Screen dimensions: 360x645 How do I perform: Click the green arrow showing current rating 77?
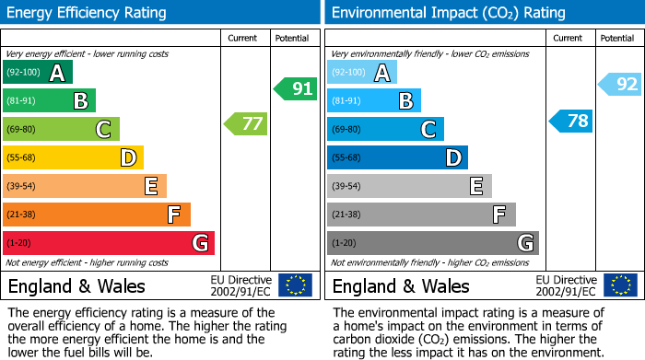coord(245,123)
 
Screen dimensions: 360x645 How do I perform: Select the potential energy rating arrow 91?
coord(294,89)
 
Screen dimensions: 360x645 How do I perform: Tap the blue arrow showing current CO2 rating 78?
coord(570,121)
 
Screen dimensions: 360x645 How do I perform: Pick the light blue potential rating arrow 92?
coord(619,85)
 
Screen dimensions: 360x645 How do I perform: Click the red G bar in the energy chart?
coord(109,243)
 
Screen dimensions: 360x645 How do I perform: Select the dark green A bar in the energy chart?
coord(38,72)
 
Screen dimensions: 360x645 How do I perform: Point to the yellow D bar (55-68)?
coord(73,157)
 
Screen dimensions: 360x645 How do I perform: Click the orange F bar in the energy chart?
coord(97,215)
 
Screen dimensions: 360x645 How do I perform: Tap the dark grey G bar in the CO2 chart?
coord(432,243)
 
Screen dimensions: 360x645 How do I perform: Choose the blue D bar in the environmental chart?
coord(397,157)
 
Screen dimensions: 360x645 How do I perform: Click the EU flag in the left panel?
coord(295,285)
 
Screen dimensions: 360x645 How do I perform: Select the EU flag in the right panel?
coord(620,285)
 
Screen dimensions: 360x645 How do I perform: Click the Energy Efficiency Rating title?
coord(88,13)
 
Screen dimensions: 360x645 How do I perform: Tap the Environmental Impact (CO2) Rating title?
coord(448,13)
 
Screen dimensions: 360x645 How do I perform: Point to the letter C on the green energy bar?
coord(104,130)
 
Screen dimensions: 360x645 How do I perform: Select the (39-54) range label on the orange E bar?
coord(22,187)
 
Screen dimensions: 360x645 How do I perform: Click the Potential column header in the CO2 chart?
coord(616,38)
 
